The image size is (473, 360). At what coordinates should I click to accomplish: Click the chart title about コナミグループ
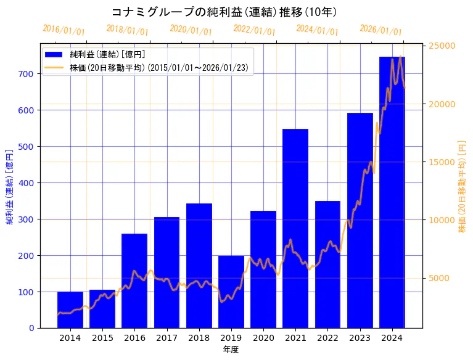click(x=224, y=12)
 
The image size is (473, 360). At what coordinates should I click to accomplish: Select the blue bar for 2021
click(x=295, y=228)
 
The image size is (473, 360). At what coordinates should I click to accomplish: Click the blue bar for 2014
click(x=70, y=309)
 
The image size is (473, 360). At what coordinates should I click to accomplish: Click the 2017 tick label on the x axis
click(x=167, y=338)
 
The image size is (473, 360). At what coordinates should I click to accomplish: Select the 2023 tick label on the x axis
click(x=360, y=338)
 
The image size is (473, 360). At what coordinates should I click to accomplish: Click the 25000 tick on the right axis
click(x=442, y=46)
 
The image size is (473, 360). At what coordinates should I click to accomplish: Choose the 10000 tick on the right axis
click(x=442, y=220)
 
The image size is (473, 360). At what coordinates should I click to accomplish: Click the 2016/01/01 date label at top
click(x=64, y=30)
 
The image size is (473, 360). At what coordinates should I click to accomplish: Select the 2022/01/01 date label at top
click(x=254, y=30)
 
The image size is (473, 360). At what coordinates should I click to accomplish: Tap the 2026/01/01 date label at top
click(x=380, y=30)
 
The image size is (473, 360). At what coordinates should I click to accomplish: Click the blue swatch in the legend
click(x=54, y=55)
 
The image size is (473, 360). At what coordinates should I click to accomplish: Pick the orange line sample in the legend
click(x=54, y=68)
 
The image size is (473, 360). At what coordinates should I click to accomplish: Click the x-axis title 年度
click(x=231, y=350)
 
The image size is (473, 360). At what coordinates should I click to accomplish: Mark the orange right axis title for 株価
click(x=462, y=186)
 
